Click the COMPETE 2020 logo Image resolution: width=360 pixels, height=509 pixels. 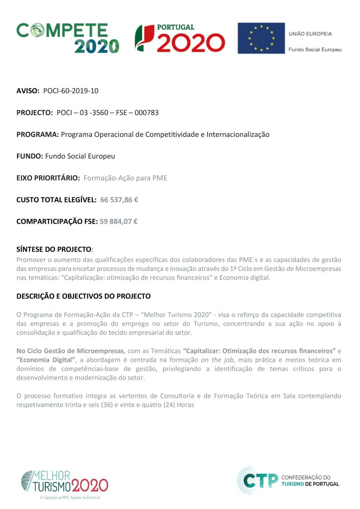coord(68,37)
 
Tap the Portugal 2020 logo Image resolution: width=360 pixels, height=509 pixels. coord(180,37)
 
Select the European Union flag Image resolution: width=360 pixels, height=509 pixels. coord(261,38)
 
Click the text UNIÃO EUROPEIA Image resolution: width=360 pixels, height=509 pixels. coord(310,34)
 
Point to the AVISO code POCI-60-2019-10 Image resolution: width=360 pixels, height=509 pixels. coord(71,91)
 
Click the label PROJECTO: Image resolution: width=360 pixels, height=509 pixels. coord(35,112)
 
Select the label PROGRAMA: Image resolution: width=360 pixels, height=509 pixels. coord(37,135)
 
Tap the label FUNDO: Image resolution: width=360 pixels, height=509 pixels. coord(30,156)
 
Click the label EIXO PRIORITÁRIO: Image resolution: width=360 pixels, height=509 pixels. coord(48,178)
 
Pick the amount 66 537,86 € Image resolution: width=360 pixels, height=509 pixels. coord(119,200)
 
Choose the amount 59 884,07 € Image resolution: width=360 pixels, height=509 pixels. coord(119,222)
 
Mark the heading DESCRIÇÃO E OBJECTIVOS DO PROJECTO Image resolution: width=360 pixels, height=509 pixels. coord(83,296)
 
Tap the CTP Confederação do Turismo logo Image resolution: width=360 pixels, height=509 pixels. coord(288,480)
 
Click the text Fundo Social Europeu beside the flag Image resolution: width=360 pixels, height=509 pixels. coord(315,49)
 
